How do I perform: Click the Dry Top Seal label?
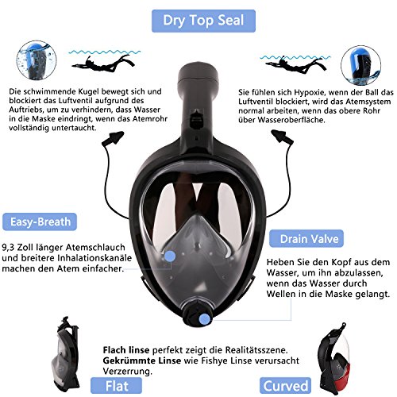coord(203,21)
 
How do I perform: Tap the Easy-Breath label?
coord(40,222)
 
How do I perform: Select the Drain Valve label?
coord(306,239)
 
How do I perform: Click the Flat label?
coord(116,386)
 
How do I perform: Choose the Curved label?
coord(285,386)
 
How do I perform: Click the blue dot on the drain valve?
coord(204,318)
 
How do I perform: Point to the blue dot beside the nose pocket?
coord(170,256)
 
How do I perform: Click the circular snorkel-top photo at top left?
coord(37,60)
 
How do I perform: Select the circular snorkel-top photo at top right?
coord(361,65)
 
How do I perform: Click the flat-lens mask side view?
coord(65,354)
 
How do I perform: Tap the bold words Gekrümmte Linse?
coord(142,360)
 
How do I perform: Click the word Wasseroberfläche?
coord(291,120)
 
